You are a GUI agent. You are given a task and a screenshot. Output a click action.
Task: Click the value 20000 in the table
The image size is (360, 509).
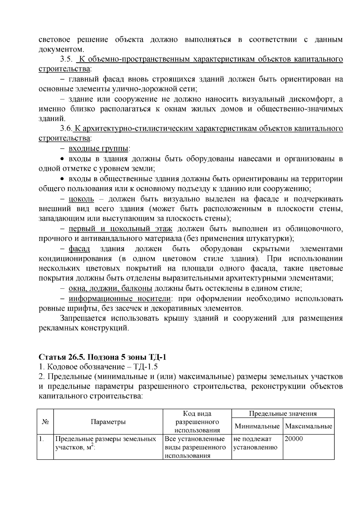click(x=294, y=439)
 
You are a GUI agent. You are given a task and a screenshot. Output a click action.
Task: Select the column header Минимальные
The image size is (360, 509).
click(x=257, y=426)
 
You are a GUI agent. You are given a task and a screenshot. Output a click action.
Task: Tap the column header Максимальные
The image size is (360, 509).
click(x=309, y=426)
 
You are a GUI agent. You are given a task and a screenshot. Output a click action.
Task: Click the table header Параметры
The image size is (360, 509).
click(x=108, y=422)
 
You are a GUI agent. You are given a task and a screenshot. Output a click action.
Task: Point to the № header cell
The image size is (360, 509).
click(x=45, y=422)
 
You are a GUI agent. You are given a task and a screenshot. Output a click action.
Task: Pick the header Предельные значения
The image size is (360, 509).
click(x=283, y=414)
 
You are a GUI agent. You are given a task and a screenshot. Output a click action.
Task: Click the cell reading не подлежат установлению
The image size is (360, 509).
click(x=256, y=443)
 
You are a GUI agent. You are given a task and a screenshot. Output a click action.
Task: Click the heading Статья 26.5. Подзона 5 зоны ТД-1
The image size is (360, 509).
click(x=102, y=357)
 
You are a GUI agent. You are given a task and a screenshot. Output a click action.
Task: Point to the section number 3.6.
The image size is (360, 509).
click(x=66, y=129)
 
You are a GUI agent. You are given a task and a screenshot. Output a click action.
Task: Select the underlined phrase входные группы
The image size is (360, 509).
click(x=98, y=148)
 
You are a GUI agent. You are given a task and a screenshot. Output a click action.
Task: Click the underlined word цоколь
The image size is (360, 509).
click(x=81, y=199)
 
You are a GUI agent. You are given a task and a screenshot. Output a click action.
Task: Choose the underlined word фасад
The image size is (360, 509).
click(x=79, y=249)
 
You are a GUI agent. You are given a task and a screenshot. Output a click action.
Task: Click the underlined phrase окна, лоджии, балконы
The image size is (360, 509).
click(x=110, y=289)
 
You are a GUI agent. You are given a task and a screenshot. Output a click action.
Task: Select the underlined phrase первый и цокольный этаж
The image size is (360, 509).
click(x=121, y=229)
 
